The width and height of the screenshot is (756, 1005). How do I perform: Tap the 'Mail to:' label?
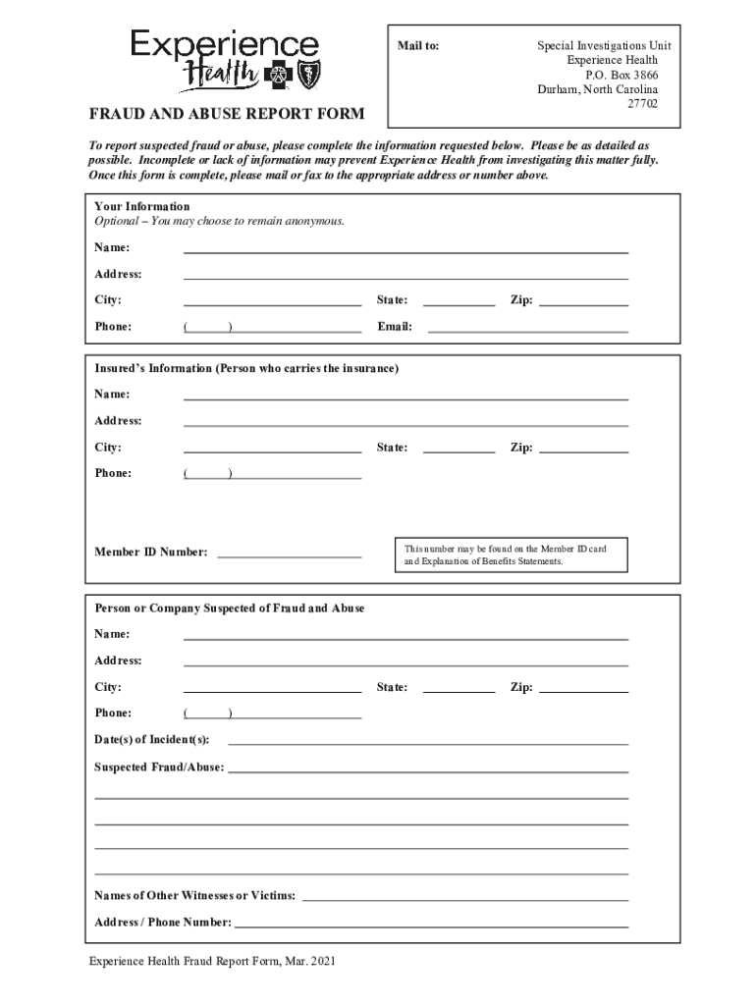417,46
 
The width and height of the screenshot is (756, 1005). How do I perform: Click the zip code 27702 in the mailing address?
643,103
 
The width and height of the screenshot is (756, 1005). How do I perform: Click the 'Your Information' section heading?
141,206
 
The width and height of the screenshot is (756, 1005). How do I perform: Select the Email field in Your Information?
527,327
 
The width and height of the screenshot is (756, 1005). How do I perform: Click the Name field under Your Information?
405,247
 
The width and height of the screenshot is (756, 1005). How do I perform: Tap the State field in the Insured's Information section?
459,448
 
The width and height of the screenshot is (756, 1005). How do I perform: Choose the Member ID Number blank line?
289,552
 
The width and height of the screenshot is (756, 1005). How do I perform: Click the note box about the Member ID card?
511,555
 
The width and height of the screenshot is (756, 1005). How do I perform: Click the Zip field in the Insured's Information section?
584,448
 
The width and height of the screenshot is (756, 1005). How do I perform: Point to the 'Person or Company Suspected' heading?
229,608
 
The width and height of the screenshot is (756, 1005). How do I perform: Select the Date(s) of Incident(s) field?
428,739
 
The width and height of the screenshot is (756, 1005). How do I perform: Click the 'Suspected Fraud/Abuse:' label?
159,767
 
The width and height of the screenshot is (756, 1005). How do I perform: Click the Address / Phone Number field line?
431,922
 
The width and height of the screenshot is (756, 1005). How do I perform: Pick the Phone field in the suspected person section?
272,714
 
